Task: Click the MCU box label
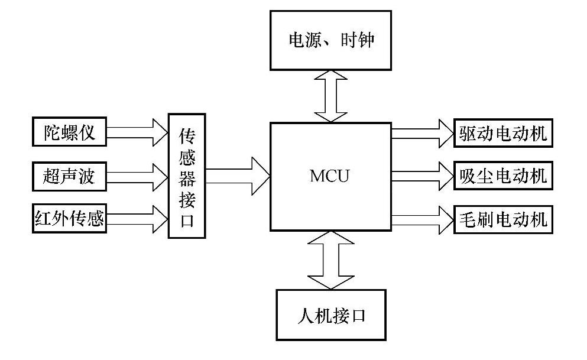(330, 176)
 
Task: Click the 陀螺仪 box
(69, 132)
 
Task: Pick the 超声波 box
(69, 176)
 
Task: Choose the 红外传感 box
(69, 219)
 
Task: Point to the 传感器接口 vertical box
(187, 176)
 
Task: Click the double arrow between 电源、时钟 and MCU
(330, 95)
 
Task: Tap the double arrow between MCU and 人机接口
(330, 260)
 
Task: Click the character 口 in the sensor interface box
(187, 222)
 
